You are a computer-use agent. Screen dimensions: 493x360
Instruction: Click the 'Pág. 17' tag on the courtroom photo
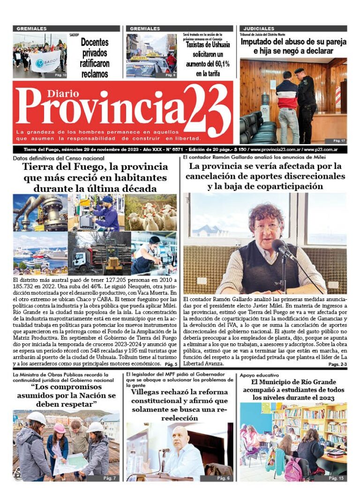pos(339,140)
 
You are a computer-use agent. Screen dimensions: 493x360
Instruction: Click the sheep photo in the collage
pos(150,212)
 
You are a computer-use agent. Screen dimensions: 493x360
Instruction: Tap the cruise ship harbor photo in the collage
pos(40,253)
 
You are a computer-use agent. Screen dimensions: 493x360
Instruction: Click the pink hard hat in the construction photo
pos(60,428)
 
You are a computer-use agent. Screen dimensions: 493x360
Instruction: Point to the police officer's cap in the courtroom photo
pos(299,70)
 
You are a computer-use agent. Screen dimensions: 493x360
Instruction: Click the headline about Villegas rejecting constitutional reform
pos(179,405)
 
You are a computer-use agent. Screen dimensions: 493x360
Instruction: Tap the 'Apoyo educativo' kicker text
pos(259,375)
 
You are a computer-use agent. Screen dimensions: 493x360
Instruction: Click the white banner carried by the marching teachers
pos(45,61)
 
